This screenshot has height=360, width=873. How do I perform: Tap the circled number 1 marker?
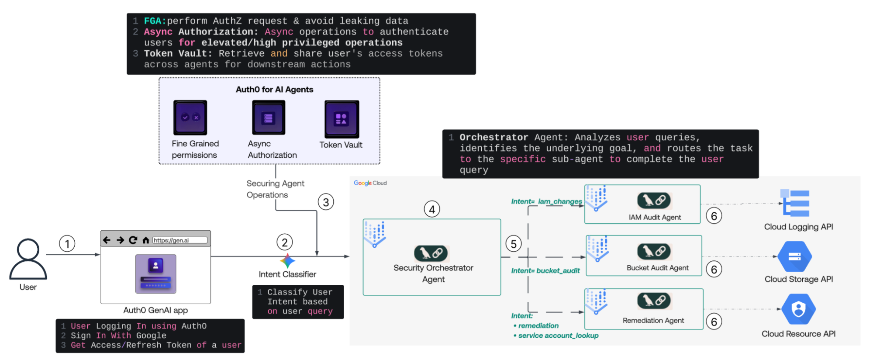coord(67,244)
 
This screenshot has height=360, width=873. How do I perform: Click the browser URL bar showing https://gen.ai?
coord(179,240)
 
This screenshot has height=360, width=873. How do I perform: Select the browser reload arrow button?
coord(133,240)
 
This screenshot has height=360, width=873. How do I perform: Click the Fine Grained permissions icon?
coord(190,118)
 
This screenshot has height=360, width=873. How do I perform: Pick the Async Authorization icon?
coord(268,118)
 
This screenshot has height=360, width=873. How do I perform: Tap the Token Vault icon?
coord(342,119)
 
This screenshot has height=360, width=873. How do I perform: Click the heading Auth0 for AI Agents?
coord(274,90)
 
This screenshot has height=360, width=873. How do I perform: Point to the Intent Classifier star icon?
coord(287,261)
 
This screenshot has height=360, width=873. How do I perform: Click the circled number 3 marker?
coord(325,202)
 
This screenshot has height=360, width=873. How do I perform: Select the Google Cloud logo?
coord(370,183)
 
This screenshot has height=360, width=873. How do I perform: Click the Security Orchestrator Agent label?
coord(433,273)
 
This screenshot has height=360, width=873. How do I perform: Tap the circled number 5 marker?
coord(514,244)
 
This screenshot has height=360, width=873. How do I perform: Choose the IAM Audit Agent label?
coord(654,217)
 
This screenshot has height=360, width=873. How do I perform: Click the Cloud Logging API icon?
coord(795,203)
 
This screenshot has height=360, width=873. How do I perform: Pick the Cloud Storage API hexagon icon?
coord(795,256)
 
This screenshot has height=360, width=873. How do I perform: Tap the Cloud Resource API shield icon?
coord(798,309)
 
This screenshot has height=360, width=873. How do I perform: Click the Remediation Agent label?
coord(653,320)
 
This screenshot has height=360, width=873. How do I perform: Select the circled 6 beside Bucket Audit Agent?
coord(714,269)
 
